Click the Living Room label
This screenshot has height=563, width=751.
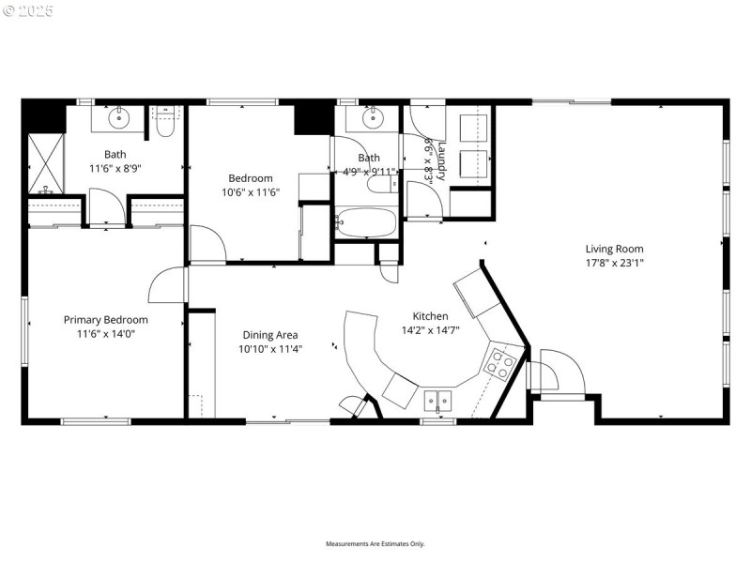614,249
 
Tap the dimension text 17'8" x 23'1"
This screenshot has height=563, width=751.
614,263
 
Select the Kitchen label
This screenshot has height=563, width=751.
431,316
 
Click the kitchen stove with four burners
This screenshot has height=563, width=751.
502,362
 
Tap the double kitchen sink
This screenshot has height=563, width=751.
437,401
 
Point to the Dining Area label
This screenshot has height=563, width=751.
269,335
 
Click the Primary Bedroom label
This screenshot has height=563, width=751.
105,319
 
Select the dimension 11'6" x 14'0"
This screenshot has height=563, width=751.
105,333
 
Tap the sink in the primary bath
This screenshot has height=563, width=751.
120,119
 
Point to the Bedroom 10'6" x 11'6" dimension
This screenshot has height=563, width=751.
251,192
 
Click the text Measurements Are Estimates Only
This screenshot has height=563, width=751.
375,543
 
